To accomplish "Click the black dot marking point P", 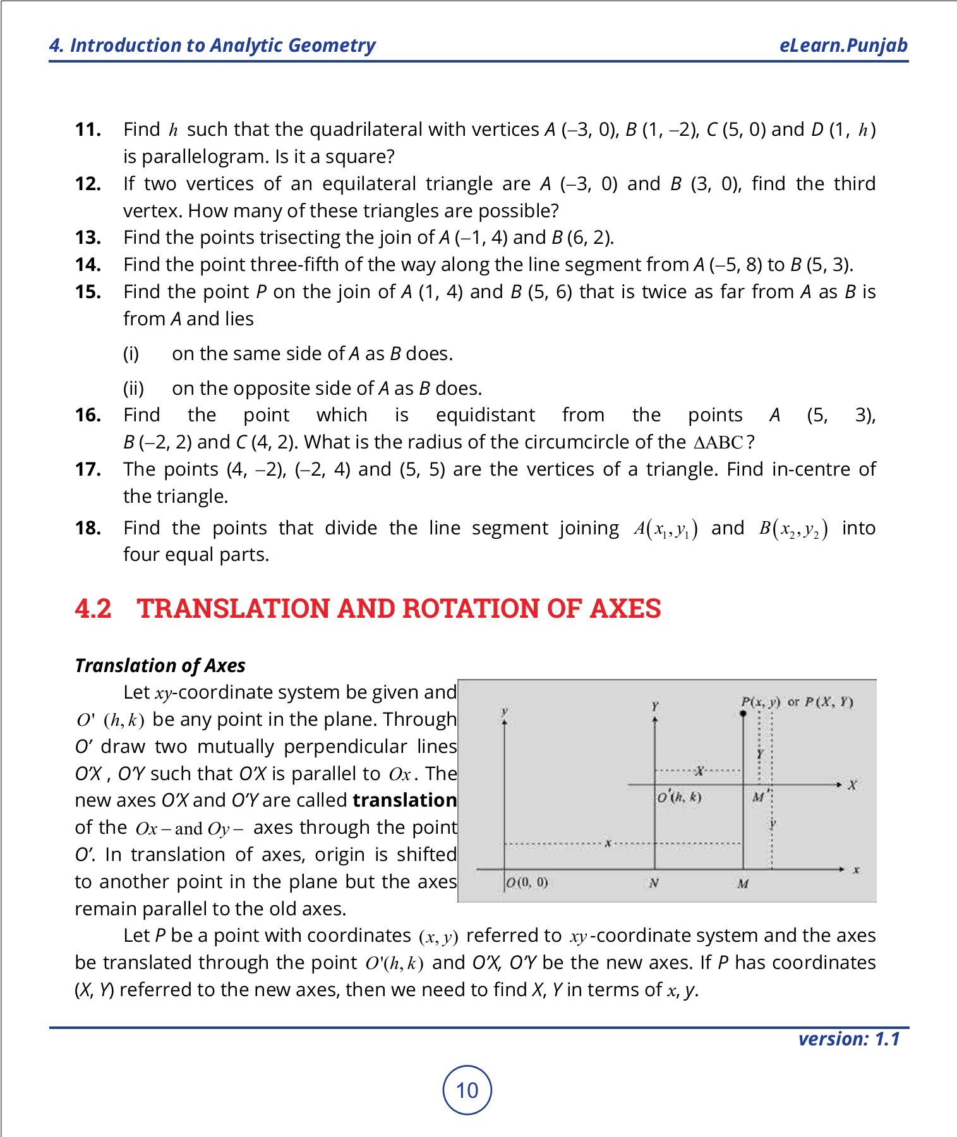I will click(743, 714).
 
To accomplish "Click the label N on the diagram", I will click(654, 883).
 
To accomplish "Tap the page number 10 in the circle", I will click(467, 1090).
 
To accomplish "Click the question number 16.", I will click(88, 415).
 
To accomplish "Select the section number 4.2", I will click(93, 608).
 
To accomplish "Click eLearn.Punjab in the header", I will click(843, 45).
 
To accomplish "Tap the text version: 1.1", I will click(848, 1039).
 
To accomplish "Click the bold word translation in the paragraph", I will click(404, 800).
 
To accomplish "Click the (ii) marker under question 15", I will click(133, 388).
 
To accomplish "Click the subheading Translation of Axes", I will click(160, 665).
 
